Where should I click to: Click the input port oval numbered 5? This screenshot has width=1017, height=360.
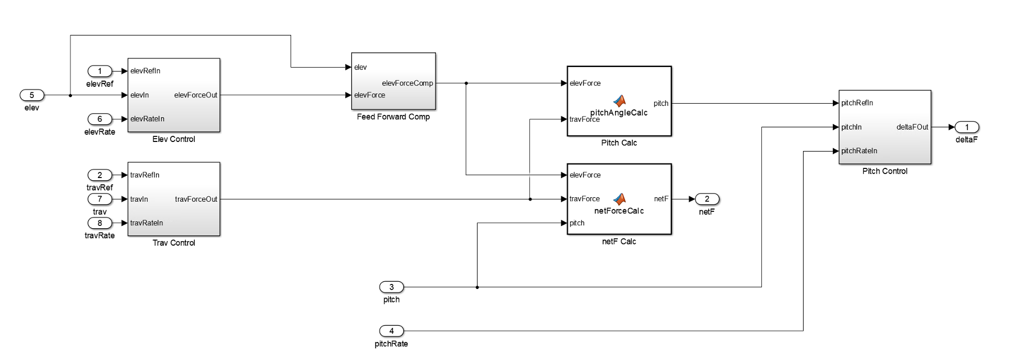(32, 95)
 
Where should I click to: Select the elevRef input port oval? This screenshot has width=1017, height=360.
(100, 71)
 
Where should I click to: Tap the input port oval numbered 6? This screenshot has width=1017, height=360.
(100, 119)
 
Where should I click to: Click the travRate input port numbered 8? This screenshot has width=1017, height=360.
(100, 223)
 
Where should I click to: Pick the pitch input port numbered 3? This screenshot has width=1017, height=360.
(391, 287)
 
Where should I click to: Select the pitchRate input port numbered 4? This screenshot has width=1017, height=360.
(391, 331)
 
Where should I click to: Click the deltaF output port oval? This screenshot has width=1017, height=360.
(967, 127)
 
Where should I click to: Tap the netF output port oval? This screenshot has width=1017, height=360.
(707, 199)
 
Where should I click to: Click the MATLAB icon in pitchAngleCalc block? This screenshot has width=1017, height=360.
(619, 101)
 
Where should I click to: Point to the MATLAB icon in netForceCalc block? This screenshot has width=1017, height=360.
(619, 199)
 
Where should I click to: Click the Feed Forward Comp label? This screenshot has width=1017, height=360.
(393, 117)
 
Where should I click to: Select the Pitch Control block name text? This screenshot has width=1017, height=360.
(885, 171)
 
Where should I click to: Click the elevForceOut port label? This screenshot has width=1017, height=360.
(195, 95)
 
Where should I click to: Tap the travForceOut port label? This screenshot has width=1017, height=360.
(196, 199)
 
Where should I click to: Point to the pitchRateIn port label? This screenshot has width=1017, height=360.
(859, 151)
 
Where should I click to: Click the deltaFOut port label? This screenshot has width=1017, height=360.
(912, 127)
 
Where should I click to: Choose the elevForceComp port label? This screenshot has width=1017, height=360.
(407, 83)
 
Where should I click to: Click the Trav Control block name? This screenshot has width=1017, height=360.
(173, 243)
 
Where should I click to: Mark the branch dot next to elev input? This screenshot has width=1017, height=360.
(70, 95)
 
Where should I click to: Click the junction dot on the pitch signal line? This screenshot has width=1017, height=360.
(477, 287)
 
